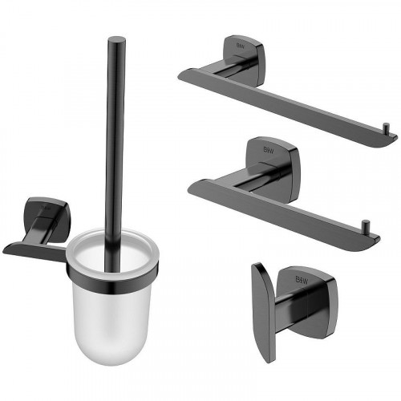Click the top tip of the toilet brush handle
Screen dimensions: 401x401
click(118, 38)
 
